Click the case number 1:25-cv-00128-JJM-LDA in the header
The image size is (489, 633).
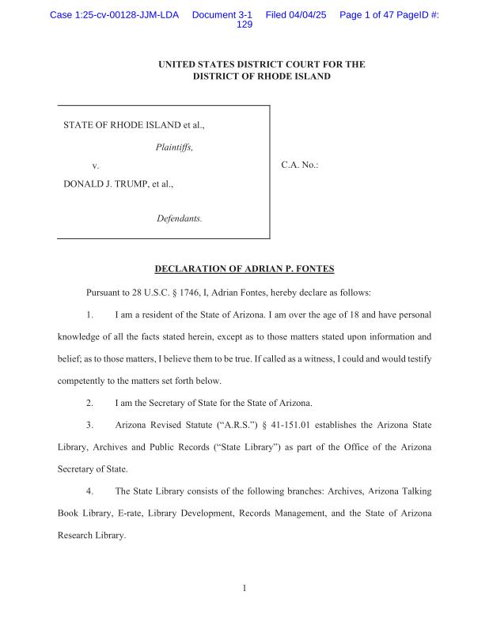pos(114,15)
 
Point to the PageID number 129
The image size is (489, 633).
pos(244,25)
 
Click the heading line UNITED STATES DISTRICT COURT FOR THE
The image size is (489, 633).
pos(261,64)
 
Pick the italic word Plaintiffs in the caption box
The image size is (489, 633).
pos(174,147)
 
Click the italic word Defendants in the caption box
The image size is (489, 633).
pos(180,218)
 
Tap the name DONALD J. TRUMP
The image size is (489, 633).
pos(106,184)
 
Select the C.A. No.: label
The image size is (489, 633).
pos(300,165)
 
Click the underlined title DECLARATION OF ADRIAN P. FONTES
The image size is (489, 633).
pos(244,268)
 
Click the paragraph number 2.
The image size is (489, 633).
pos(90,403)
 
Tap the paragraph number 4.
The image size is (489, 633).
pos(90,491)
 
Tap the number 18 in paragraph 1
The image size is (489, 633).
pos(320,314)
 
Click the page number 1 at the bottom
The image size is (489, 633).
pos(244,588)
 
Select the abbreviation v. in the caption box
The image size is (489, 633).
pos(96,165)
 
